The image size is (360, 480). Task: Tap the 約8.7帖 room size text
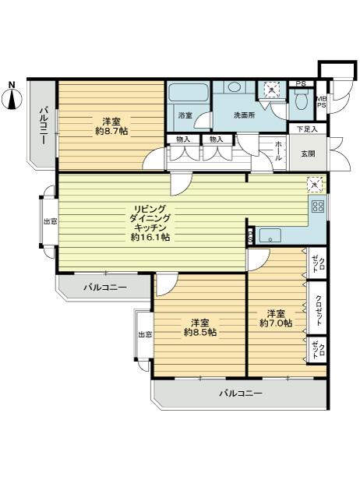click(111, 131)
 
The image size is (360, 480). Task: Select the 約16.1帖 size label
click(150, 236)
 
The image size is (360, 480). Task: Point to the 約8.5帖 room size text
click(200, 332)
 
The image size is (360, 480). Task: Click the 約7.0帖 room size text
click(276, 322)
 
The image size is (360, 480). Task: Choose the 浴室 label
click(185, 115)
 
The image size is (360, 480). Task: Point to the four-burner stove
click(318, 206)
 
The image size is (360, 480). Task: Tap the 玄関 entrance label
click(308, 154)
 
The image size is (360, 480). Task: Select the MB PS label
click(321, 102)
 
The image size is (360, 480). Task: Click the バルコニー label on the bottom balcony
click(240, 393)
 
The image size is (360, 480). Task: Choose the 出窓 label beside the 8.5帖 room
click(144, 334)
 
